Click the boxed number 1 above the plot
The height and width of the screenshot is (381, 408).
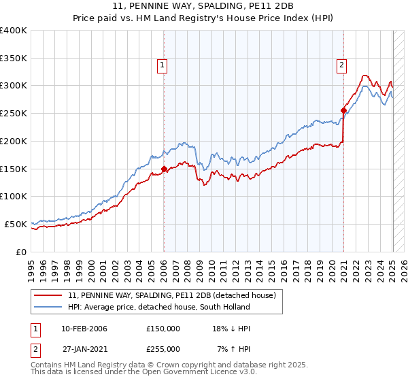163,65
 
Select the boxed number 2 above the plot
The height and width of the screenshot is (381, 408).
341,65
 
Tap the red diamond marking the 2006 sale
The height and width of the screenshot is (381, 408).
164,169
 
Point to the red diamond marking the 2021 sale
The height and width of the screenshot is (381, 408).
343,110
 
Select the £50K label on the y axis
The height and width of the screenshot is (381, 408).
16,224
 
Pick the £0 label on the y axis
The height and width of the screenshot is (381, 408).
22,252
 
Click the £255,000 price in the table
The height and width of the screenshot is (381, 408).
163,349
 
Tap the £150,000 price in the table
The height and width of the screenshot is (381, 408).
163,329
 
